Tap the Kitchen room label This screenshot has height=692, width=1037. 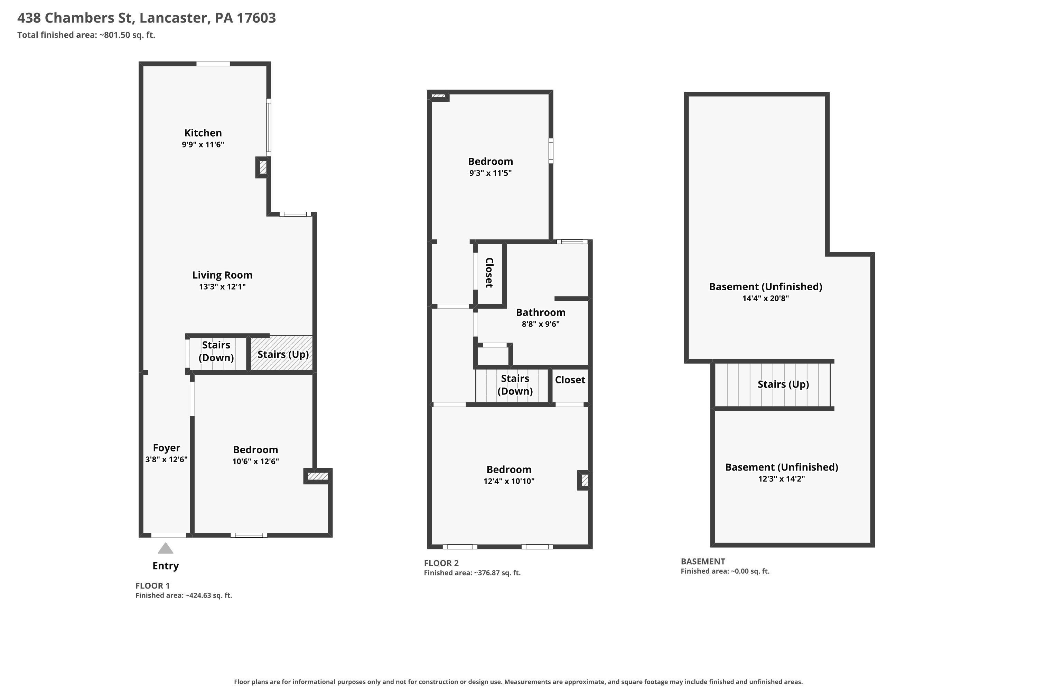tap(203, 133)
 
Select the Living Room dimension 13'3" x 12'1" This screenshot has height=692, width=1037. tap(222, 286)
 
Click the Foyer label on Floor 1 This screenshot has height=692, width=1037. tap(166, 448)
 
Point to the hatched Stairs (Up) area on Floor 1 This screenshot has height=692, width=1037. tap(282, 354)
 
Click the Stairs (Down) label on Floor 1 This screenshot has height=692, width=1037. tap(216, 351)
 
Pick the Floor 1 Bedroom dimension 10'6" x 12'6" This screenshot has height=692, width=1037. tap(256, 461)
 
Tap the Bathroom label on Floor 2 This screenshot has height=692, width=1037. tap(541, 312)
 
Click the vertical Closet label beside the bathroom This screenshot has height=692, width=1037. tap(489, 273)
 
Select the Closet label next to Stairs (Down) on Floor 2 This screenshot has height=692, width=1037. tap(570, 380)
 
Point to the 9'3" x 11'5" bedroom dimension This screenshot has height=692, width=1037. tap(490, 173)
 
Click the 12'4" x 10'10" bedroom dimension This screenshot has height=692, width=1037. tap(509, 481)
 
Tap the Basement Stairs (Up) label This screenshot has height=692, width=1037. tap(783, 384)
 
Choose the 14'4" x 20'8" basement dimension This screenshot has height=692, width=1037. tap(765, 298)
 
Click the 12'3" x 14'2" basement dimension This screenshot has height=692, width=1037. tap(781, 479)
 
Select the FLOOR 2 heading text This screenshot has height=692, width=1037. tap(441, 563)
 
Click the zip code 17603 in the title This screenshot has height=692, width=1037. tap(256, 18)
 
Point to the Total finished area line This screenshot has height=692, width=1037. tap(86, 35)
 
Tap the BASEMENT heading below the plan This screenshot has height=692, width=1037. tap(703, 561)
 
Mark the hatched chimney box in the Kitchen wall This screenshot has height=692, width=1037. tap(263, 167)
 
